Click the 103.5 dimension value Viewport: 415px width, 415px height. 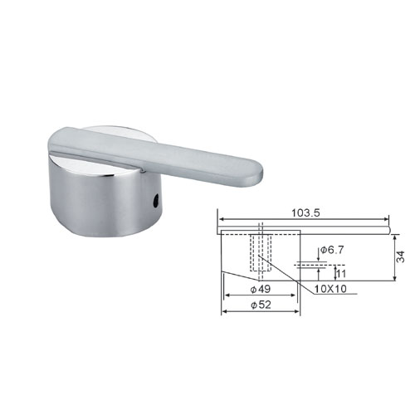305,212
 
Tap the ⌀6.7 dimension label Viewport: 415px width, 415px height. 332,250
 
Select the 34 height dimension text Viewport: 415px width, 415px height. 400,256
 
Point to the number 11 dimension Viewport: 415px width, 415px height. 341,274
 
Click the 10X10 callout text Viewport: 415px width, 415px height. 330,289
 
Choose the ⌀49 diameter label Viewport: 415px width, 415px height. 260,290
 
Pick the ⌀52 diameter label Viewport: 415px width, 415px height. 261,305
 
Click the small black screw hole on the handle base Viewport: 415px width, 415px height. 157,201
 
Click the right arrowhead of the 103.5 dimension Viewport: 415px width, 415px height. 386,219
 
